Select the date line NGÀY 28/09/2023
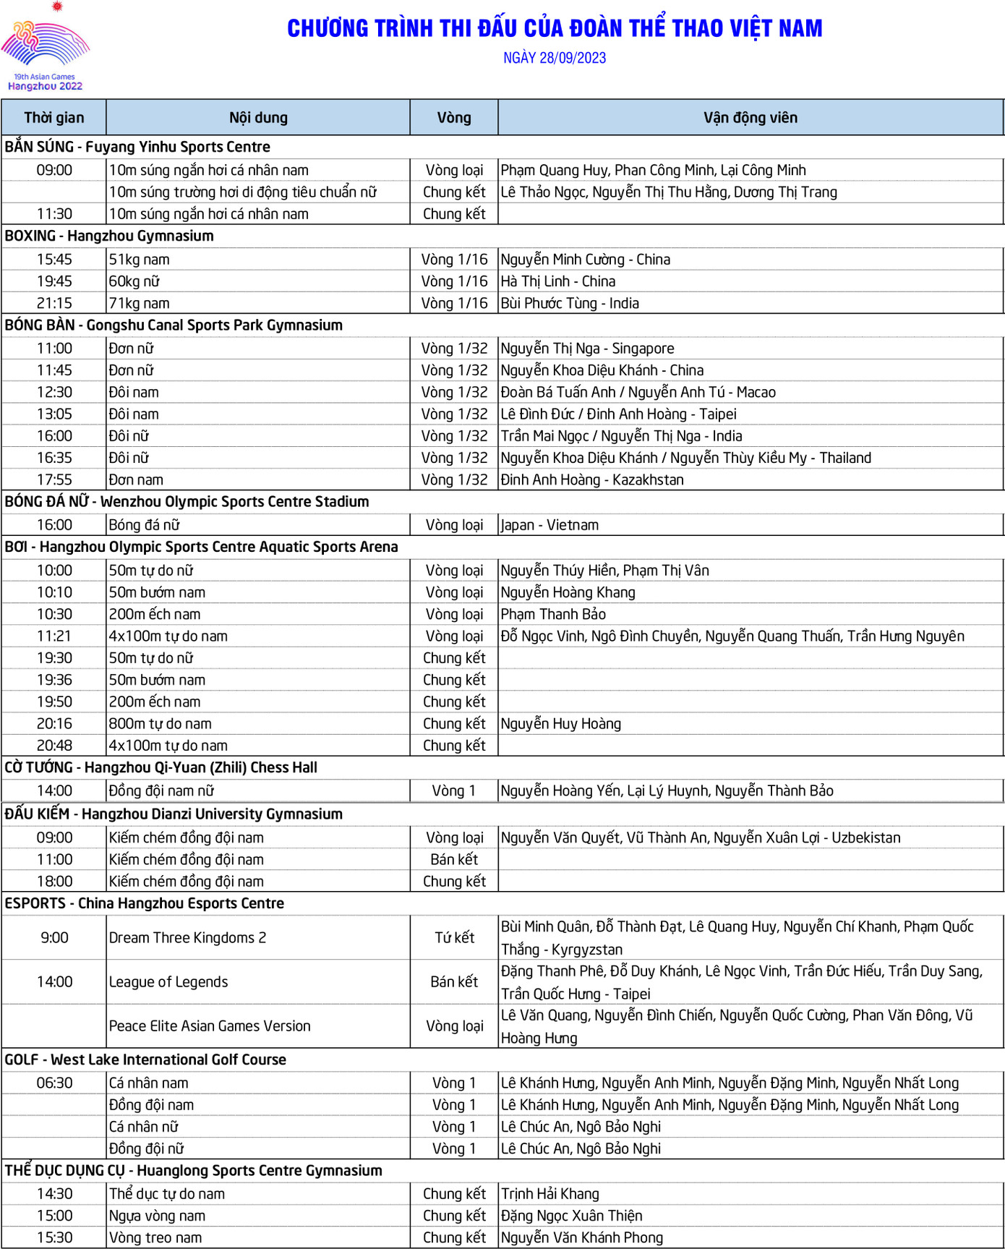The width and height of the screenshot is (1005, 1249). tap(555, 58)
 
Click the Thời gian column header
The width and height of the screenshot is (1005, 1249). tap(54, 118)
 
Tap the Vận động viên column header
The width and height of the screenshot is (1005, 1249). tap(750, 118)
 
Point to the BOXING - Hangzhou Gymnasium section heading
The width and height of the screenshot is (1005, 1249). tap(109, 236)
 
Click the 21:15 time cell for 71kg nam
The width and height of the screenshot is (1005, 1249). tap(54, 303)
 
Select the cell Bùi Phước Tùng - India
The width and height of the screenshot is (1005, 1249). tap(570, 303)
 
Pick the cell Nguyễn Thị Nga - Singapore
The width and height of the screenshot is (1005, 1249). tap(587, 349)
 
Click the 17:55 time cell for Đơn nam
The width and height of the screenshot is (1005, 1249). tap(54, 479)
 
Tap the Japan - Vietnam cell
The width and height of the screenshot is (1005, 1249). tap(549, 525)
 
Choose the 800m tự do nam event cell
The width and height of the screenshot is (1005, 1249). tap(161, 724)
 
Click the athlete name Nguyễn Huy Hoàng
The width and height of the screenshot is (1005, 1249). tap(561, 724)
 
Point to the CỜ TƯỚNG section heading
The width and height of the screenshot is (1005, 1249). tap(161, 767)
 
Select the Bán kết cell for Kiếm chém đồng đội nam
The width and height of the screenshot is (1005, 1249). tap(454, 859)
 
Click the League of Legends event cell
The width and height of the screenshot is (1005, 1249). tap(168, 982)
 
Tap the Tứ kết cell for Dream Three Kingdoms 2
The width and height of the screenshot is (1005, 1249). tap(454, 938)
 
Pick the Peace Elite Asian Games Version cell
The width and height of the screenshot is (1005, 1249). tap(210, 1026)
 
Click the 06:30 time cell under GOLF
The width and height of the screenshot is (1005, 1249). tap(54, 1083)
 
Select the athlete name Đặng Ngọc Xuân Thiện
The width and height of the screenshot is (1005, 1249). tap(571, 1216)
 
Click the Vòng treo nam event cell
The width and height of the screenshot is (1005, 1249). tap(155, 1237)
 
